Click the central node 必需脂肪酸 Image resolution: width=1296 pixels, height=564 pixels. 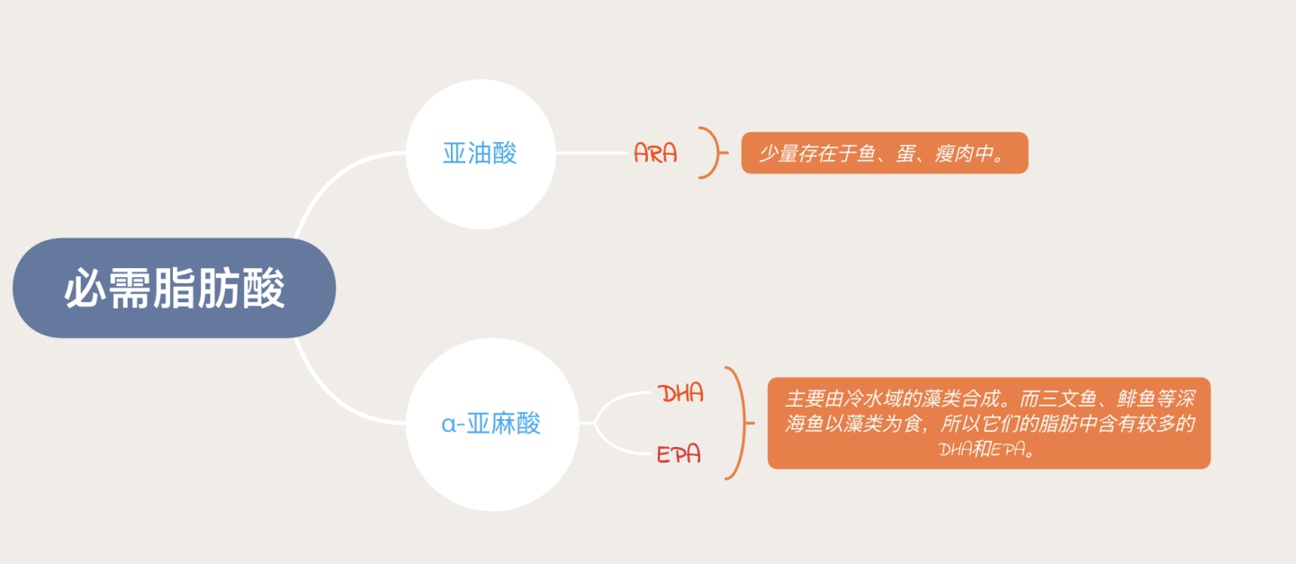coord(174,288)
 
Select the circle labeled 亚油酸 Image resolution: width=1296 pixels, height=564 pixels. coord(480,153)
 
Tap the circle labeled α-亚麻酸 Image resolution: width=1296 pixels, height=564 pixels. coord(491,424)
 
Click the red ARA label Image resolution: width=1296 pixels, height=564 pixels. coord(655,153)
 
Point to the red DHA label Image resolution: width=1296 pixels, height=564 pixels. coord(680,393)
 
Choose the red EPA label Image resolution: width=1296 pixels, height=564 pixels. coord(679,454)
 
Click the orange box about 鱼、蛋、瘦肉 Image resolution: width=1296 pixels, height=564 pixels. coord(884,154)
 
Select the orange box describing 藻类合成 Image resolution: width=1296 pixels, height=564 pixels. coord(988,423)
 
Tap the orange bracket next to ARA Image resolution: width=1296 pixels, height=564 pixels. coord(715,153)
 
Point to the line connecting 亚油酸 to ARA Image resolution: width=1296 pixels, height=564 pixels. coord(591,153)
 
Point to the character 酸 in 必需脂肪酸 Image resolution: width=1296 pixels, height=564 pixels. coord(264,289)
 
